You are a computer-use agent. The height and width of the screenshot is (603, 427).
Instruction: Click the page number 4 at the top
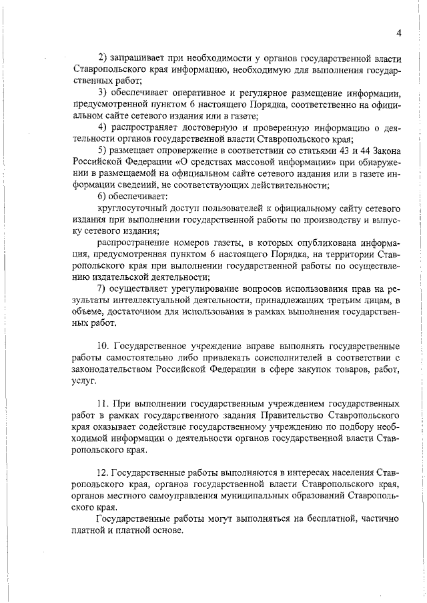[398, 34]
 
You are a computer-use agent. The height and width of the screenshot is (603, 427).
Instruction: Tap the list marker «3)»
[103, 91]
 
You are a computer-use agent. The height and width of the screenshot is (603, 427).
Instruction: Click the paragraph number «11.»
[104, 404]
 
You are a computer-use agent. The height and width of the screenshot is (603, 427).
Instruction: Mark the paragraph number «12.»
[103, 472]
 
